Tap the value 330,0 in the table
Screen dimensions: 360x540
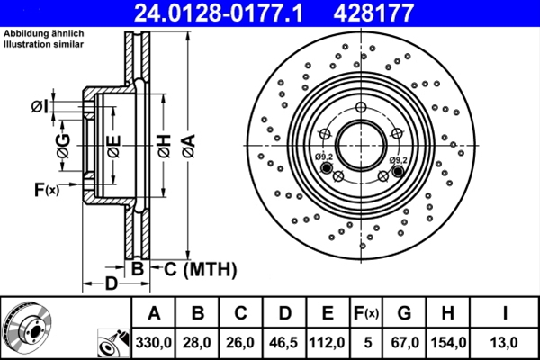click(x=154, y=342)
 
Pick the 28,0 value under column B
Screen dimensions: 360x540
click(x=198, y=342)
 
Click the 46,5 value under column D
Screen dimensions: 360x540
click(x=284, y=342)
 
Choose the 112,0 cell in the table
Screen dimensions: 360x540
click(x=328, y=342)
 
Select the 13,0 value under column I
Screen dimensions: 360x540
click(x=507, y=342)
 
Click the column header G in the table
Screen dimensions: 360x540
click(x=404, y=313)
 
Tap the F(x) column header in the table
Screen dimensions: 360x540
click(x=366, y=313)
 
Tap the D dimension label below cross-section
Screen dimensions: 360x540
click(x=109, y=285)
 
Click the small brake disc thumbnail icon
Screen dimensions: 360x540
click(x=27, y=328)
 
